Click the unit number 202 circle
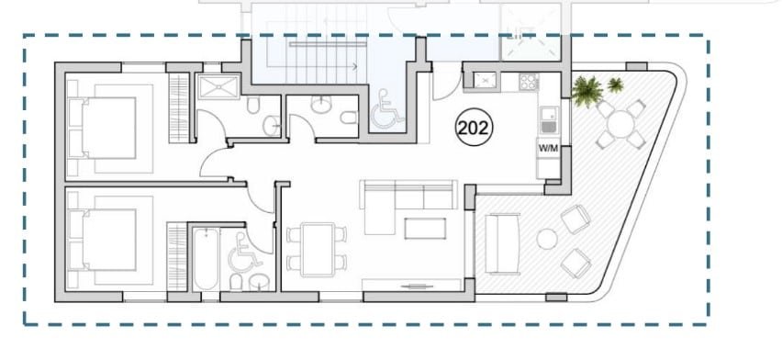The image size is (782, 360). click(474, 128)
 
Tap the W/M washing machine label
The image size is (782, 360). click(548, 148)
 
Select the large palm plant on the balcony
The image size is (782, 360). click(587, 91)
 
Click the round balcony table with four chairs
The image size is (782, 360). click(620, 124)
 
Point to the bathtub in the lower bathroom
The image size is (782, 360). click(206, 259)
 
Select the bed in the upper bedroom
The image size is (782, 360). click(103, 128)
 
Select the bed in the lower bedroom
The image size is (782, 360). click(103, 240)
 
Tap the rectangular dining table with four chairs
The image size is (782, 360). click(318, 249)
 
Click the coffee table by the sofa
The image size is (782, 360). click(425, 228)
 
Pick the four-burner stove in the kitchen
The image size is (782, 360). click(528, 82)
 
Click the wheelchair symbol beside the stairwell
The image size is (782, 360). click(387, 109)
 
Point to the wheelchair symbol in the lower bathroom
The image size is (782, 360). click(244, 253)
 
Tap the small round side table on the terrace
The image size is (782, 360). click(547, 239)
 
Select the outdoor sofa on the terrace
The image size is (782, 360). click(503, 244)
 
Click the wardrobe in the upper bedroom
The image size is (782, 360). click(179, 107)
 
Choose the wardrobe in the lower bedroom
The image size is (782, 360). click(176, 256)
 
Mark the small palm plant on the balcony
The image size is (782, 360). click(616, 84)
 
